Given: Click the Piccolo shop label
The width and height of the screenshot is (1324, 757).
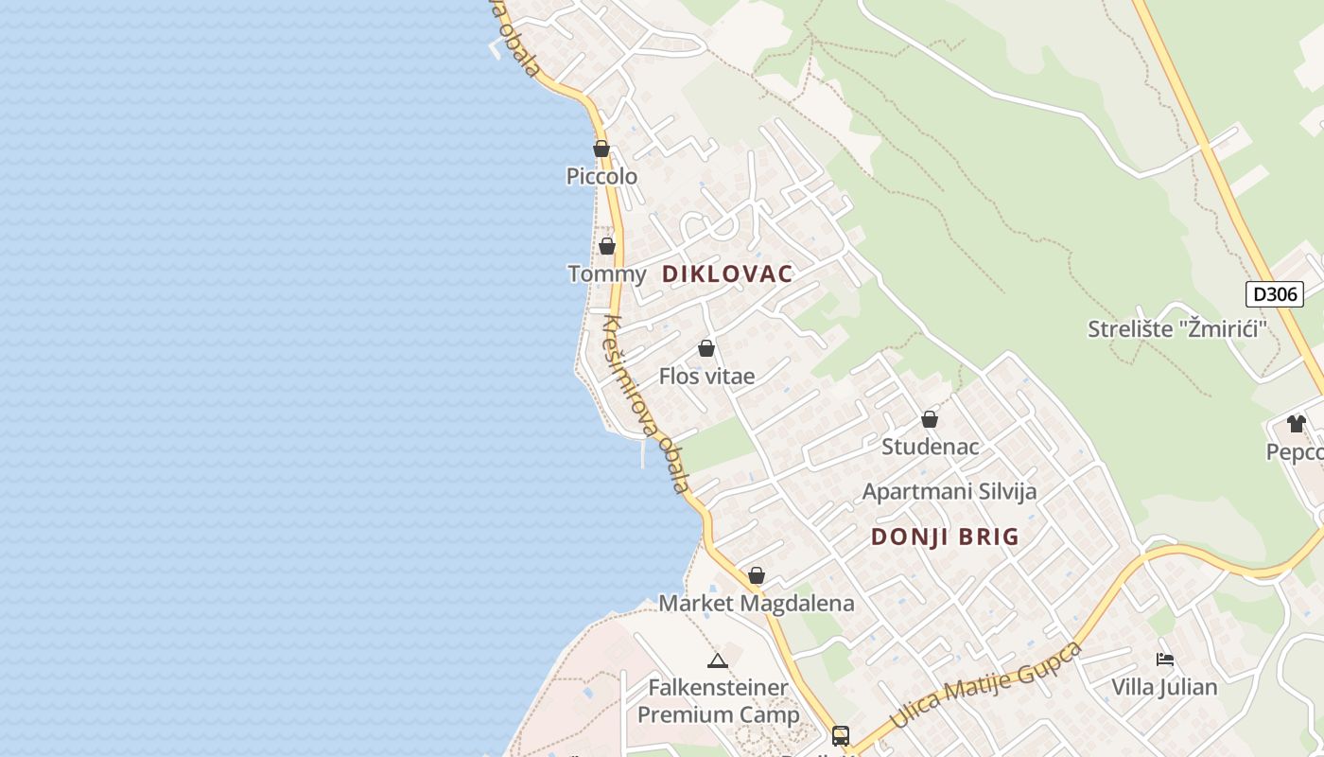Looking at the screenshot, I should (601, 176).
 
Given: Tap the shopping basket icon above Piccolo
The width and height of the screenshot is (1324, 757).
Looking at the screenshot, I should (601, 149).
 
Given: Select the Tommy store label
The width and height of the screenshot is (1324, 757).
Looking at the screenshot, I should (606, 274).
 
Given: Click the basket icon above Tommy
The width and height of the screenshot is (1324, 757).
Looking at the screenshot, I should (607, 246).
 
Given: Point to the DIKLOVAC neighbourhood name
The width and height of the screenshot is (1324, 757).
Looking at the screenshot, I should (727, 274).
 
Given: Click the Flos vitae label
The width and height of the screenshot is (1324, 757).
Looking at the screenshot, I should (706, 377).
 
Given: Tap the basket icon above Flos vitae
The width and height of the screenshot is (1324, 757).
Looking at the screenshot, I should (706, 348).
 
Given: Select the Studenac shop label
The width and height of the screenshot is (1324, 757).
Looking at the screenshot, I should (930, 447).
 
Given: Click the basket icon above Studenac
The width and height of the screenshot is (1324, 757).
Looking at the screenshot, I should (930, 419).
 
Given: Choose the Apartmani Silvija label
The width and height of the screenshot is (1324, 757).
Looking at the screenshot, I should (949, 492).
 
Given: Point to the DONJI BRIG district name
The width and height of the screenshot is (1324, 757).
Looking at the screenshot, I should (945, 537).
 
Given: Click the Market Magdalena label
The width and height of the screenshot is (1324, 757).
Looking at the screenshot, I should (756, 604).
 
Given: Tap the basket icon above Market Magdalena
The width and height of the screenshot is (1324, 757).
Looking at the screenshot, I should (757, 575).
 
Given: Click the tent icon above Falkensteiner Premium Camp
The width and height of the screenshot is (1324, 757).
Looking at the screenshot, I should (718, 660).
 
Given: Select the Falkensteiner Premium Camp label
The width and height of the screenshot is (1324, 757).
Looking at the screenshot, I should (719, 701).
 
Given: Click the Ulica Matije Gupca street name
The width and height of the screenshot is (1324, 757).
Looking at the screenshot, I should (985, 687).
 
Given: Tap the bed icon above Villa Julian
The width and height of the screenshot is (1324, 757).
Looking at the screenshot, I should (1165, 660).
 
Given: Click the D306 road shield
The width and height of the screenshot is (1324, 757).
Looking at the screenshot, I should (1274, 294).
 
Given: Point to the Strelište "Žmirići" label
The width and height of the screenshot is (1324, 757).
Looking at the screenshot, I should (1176, 329).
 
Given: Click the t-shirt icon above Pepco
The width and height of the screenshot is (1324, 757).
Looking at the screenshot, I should (1296, 424).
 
